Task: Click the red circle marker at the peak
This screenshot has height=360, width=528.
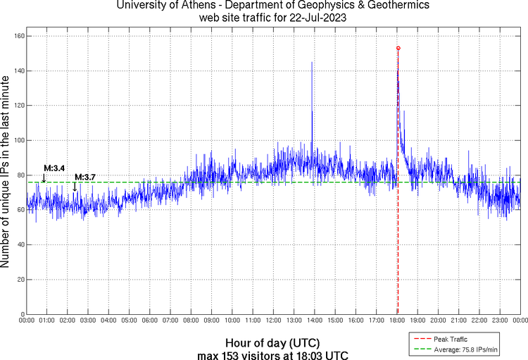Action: tap(398, 48)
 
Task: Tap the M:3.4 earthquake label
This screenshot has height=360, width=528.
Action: tap(54, 168)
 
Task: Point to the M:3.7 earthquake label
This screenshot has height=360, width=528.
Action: tap(85, 176)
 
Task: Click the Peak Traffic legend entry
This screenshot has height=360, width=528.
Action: tap(452, 339)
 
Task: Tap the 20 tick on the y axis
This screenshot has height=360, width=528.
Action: tap(21, 280)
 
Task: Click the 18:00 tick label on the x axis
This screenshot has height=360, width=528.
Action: tap(398, 321)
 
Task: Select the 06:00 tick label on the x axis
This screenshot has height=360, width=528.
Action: tap(150, 321)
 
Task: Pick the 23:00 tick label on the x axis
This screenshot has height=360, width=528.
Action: tap(501, 321)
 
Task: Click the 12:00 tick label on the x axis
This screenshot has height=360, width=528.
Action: tap(274, 321)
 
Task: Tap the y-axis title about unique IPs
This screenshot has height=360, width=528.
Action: tap(6, 173)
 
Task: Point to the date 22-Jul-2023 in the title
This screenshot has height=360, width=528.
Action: tap(313, 18)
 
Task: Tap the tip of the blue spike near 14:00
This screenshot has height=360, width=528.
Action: tap(312, 63)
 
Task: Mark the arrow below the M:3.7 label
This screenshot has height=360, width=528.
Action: tap(75, 187)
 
